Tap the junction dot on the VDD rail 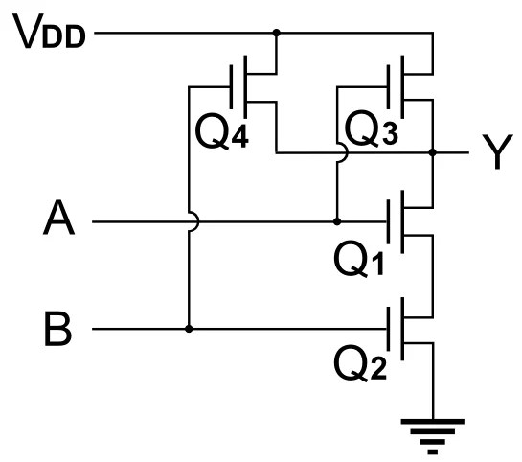coord(276,33)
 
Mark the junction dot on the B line coord(189,329)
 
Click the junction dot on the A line coord(337,221)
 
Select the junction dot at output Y coord(434,152)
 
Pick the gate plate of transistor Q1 coord(389,221)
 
